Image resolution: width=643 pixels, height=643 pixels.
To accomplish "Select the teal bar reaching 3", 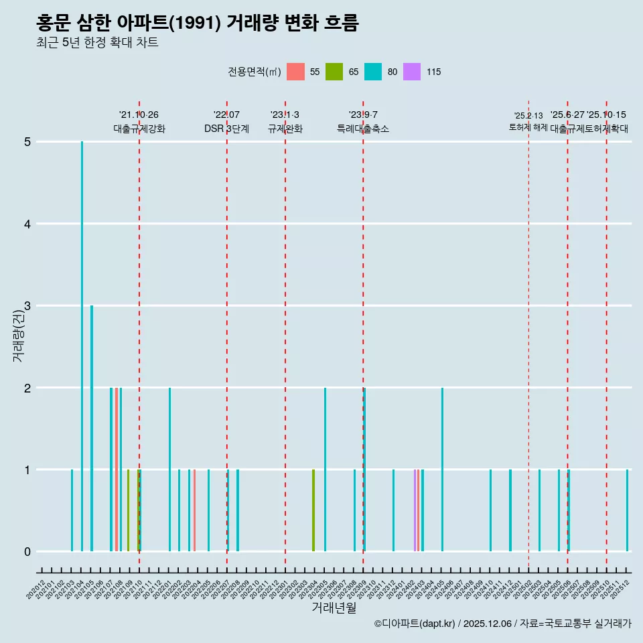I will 92,429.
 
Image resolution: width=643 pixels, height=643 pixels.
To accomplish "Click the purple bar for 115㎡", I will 415,510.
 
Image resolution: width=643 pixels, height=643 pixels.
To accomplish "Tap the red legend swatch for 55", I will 295,72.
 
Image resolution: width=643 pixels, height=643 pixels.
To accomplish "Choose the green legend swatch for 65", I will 334,72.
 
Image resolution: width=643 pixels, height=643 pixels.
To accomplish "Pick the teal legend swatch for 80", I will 373,72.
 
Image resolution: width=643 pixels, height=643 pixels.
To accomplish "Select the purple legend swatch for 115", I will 412,72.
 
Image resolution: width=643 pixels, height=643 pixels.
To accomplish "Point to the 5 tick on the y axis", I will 27,142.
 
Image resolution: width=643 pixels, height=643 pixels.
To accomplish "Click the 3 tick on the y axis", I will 27,306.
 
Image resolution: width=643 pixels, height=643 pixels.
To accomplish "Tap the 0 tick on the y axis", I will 27,552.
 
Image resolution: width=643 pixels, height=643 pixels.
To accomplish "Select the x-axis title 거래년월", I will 334,608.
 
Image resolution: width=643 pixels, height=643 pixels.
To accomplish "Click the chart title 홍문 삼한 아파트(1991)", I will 198,23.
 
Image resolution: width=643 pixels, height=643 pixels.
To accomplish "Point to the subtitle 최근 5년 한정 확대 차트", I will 97,43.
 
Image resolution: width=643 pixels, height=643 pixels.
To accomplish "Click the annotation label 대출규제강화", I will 139,129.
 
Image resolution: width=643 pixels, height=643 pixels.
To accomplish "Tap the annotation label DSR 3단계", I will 226,129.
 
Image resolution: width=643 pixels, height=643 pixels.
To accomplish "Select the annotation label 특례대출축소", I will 362,129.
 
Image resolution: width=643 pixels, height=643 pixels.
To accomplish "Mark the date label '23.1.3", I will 285,115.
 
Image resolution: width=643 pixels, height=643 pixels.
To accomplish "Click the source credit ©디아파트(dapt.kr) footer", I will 502,624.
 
